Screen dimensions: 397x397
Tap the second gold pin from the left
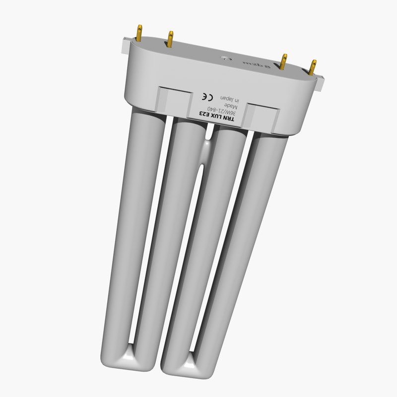[x=170, y=38]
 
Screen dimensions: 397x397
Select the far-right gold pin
[x=313, y=66]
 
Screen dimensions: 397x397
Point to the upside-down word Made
[x=231, y=106]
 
